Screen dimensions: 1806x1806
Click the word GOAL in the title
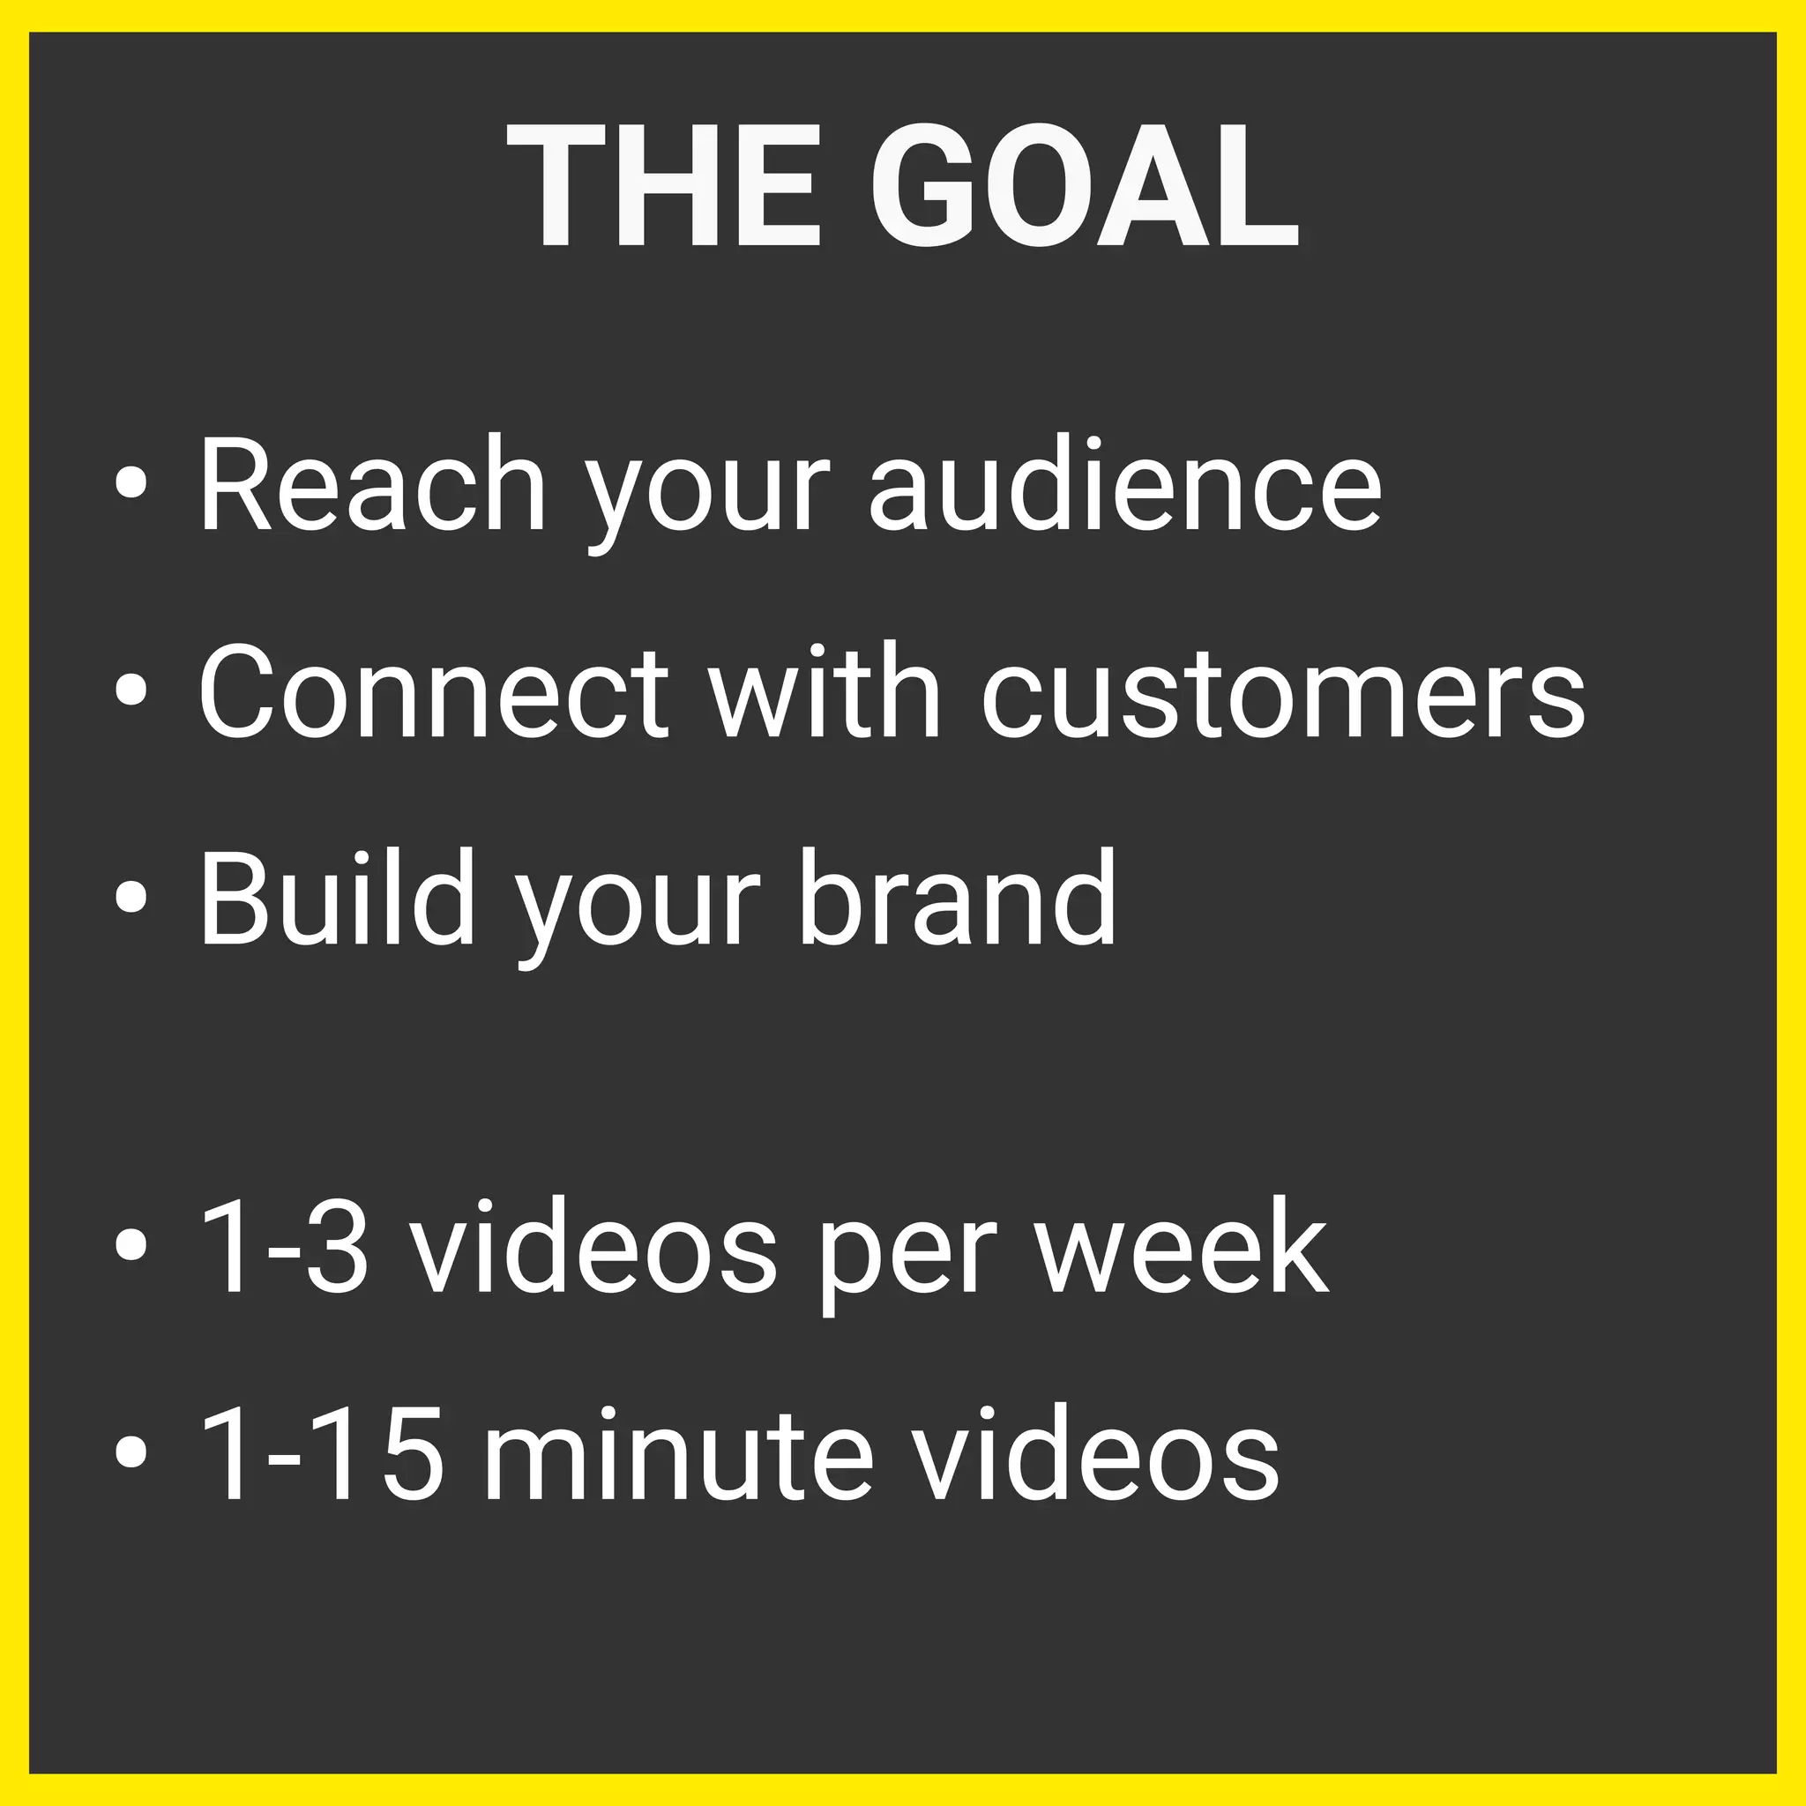[1086, 187]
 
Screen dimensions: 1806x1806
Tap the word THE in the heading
[664, 187]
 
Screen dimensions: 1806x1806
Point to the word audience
[1125, 485]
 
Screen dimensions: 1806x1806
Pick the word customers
[1283, 692]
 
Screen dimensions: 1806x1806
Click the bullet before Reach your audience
[131, 482]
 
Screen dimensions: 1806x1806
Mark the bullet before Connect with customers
[131, 690]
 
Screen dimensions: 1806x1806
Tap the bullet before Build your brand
[131, 896]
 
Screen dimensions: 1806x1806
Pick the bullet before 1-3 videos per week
[131, 1244]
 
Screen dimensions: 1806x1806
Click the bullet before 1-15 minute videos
[131, 1452]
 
